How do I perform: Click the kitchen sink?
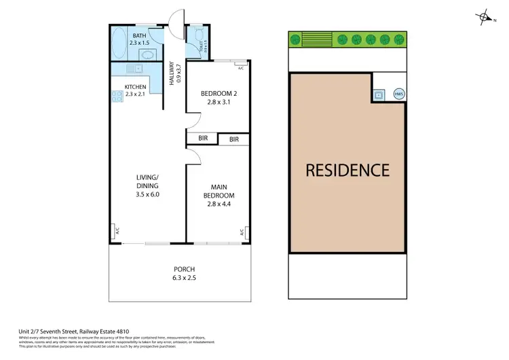click(134, 68)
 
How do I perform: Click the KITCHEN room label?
click(136, 87)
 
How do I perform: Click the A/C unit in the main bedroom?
click(241, 232)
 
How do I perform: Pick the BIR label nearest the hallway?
click(203, 139)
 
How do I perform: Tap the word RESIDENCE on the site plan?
click(347, 170)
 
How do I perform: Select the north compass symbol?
click(484, 18)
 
